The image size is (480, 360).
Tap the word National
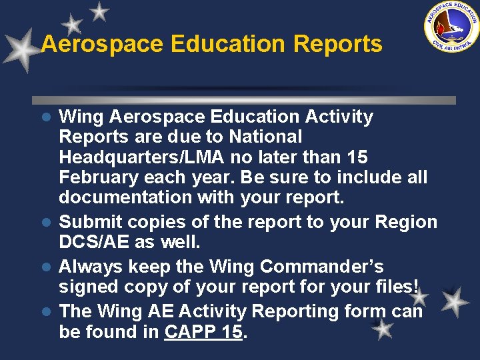(265, 137)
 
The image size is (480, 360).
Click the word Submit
(91, 222)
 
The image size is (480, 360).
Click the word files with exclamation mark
(398, 287)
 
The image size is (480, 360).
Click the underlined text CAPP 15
(203, 331)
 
